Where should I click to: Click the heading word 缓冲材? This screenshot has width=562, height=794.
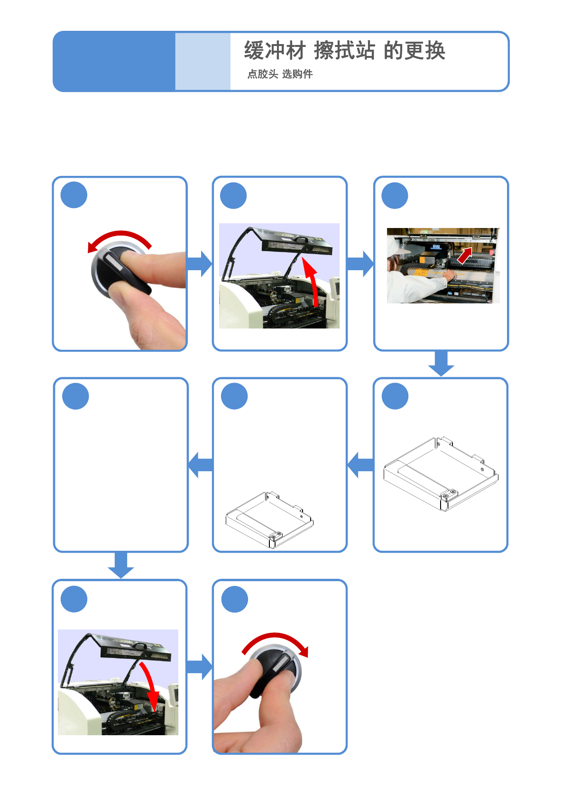click(275, 50)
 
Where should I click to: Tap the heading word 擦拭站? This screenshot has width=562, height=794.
click(344, 50)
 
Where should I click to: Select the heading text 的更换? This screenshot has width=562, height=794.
click(415, 50)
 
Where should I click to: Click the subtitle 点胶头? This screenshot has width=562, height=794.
click(262, 74)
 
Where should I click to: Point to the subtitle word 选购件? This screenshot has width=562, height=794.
click(297, 74)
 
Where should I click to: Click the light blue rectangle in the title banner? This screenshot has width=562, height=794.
click(203, 61)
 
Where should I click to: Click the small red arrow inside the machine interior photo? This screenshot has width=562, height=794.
click(465, 255)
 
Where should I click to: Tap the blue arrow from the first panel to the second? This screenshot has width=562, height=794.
click(199, 264)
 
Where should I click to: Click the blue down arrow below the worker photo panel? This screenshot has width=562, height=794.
click(441, 363)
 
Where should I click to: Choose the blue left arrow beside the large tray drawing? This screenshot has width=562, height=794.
click(360, 465)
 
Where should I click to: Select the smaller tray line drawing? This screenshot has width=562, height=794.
click(269, 520)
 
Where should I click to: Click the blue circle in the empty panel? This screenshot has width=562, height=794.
click(75, 396)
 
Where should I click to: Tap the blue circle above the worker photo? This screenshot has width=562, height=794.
click(395, 196)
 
